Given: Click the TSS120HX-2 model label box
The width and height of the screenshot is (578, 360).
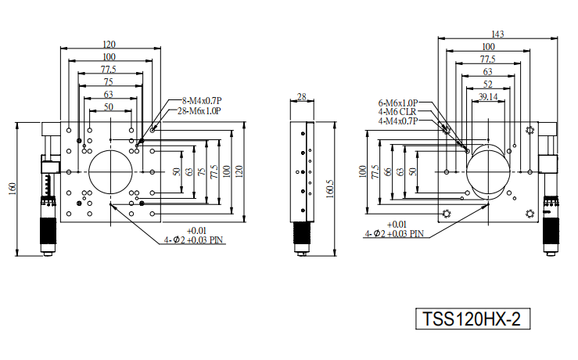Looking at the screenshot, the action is tap(472, 319).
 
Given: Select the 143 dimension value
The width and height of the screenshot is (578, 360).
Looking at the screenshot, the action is tap(497, 34).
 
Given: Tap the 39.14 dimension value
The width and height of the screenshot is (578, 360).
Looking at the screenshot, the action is tap(488, 96).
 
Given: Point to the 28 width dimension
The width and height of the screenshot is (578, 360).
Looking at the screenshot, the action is tap(302, 96).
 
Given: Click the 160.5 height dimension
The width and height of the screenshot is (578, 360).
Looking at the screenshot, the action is tap(330, 189).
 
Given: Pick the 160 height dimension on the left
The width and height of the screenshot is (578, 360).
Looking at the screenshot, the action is tap(12, 189).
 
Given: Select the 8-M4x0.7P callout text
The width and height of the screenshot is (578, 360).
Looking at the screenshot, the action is tap(202, 100).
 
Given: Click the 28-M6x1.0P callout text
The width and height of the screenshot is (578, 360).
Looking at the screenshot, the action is tap(199, 110).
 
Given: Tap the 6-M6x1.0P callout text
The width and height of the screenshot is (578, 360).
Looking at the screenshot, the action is tap(398, 103).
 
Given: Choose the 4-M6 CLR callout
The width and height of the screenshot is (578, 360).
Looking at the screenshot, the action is tap(397, 112).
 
